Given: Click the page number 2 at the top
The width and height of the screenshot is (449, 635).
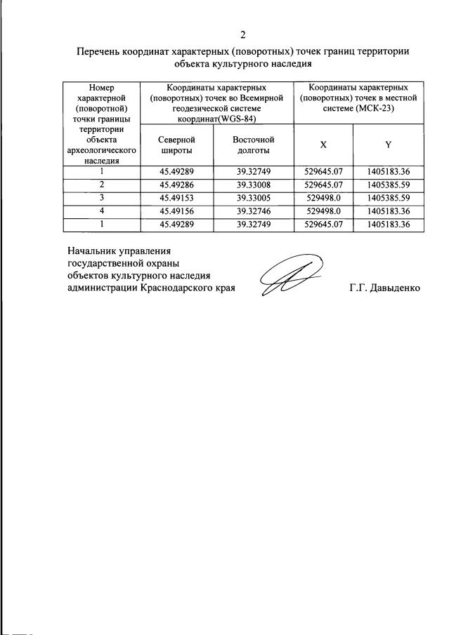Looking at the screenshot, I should [243, 34].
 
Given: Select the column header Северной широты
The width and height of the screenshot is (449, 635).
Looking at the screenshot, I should [176, 145].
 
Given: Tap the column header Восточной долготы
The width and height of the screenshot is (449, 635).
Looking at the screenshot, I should [253, 145].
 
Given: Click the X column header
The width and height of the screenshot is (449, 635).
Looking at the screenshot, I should [323, 145].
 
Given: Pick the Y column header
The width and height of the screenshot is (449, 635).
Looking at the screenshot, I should [388, 145].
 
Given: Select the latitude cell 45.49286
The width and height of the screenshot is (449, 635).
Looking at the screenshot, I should [176, 185].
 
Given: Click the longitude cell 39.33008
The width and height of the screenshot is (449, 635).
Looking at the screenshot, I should [253, 185].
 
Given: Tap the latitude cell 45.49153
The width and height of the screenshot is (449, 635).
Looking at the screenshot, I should [176, 198].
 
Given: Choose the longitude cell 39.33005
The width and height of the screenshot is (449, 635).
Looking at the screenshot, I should [253, 198].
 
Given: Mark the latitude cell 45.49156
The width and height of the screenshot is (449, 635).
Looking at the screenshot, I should [176, 211].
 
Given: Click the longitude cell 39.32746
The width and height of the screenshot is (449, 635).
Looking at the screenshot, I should [253, 211].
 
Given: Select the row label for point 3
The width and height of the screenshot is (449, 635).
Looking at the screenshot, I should [102, 198].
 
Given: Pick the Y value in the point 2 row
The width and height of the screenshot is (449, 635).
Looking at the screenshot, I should [388, 185].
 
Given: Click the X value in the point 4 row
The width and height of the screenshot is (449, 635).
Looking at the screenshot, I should [323, 211].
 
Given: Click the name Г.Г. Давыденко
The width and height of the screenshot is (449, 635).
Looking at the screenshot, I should [384, 288].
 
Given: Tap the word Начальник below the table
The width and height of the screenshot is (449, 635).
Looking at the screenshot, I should [91, 250].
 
